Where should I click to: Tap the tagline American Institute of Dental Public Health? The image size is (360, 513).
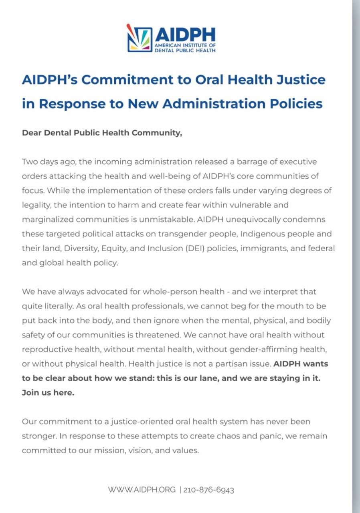pyautogui.click(x=185, y=48)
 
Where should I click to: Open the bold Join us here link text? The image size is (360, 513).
pyautogui.click(x=48, y=392)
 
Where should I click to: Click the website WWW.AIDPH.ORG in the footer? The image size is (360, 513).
pyautogui.click(x=142, y=490)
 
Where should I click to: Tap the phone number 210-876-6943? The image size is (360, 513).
pyautogui.click(x=209, y=490)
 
